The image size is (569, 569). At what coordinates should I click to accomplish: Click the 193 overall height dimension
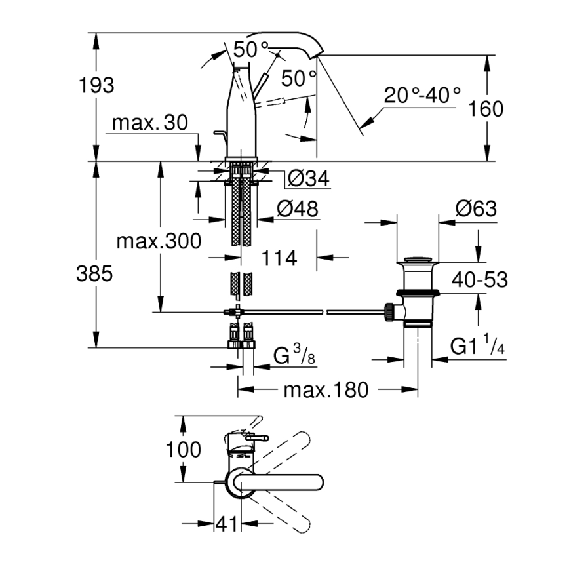pyautogui.click(x=96, y=85)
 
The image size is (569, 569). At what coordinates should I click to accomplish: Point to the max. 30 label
pyautogui.click(x=150, y=123)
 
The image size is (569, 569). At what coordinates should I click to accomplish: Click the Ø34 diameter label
pyautogui.click(x=308, y=178)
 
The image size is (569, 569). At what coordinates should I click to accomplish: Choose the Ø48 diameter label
pyautogui.click(x=297, y=209)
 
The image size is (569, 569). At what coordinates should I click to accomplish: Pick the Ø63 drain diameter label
pyautogui.click(x=475, y=209)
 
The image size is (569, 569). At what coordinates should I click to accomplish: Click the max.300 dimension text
pyautogui.click(x=159, y=241)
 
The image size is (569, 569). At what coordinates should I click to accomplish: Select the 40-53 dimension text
pyautogui.click(x=480, y=280)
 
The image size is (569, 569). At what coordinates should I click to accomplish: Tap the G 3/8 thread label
pyautogui.click(x=295, y=358)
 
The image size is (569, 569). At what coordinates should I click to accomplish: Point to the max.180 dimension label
pyautogui.click(x=326, y=391)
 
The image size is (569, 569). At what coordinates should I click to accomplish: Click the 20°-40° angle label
pyautogui.click(x=423, y=95)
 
